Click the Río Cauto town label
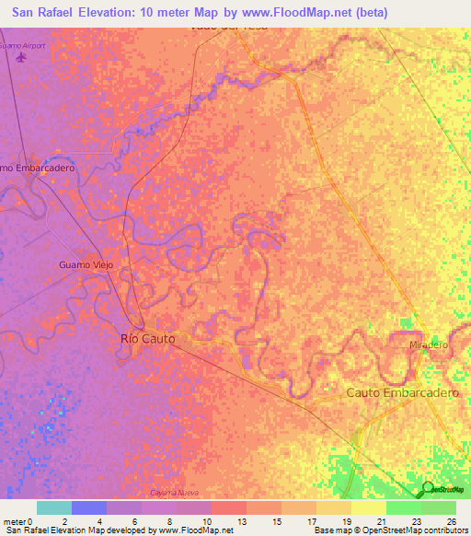click(147, 339)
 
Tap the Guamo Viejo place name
click(86, 265)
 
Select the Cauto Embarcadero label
click(402, 392)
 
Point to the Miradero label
click(428, 344)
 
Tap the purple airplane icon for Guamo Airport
click(22, 60)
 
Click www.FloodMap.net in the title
click(292, 12)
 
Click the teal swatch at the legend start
click(54, 507)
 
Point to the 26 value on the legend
click(450, 520)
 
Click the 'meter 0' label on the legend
click(19, 520)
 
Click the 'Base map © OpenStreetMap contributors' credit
click(389, 530)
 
